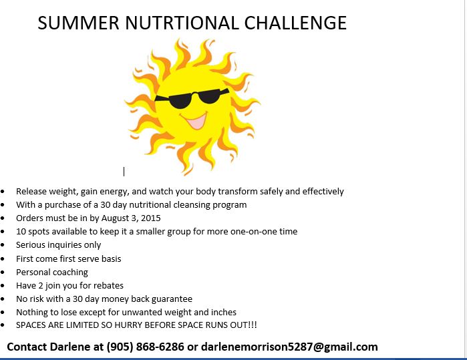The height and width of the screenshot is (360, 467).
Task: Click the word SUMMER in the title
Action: click(x=79, y=23)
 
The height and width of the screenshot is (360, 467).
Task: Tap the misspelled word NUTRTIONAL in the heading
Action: click(x=182, y=23)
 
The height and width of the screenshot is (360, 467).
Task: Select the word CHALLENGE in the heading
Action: click(x=295, y=23)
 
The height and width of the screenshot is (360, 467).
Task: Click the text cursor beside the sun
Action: click(x=124, y=172)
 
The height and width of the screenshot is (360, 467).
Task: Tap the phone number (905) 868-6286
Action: click(x=146, y=347)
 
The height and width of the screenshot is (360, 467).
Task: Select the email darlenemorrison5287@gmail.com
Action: click(x=289, y=347)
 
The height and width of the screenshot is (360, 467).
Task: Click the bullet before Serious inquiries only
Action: click(x=3, y=245)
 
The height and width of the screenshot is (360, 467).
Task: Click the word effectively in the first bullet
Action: click(x=323, y=191)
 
